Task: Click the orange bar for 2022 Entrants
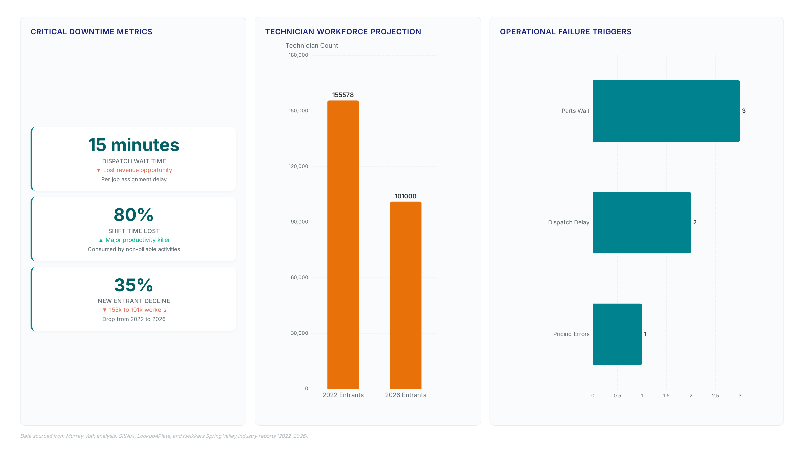pos(343,245)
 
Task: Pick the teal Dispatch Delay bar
pos(642,222)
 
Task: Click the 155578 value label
pos(343,95)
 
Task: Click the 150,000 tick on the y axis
pos(298,111)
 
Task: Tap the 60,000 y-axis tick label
pos(299,277)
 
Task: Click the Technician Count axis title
pos(312,46)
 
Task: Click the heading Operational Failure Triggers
pos(566,32)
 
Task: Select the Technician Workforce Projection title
pos(343,32)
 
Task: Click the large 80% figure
pos(134,215)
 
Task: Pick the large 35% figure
pos(134,285)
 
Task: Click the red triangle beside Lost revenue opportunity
pos(99,170)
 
